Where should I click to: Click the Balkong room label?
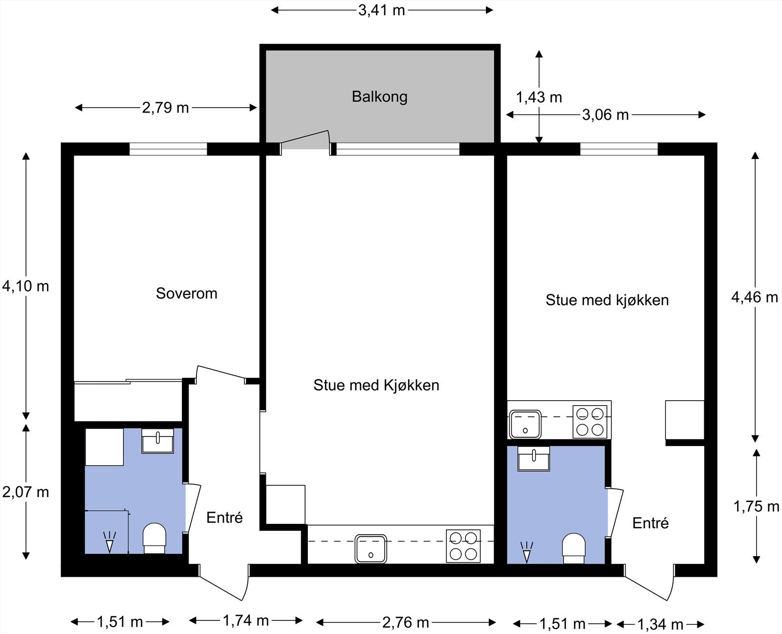click(x=380, y=97)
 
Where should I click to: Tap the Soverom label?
click(x=187, y=294)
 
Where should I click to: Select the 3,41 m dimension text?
click(x=381, y=10)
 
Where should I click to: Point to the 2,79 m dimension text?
click(x=165, y=108)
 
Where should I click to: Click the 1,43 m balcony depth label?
click(x=539, y=97)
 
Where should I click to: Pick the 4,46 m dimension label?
click(x=755, y=297)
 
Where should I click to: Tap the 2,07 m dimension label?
click(x=26, y=492)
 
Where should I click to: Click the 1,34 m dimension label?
click(x=660, y=624)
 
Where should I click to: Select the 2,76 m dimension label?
click(x=406, y=623)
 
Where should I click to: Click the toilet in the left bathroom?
click(x=154, y=538)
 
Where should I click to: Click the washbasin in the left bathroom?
click(x=157, y=441)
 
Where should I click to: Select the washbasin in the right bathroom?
click(x=534, y=459)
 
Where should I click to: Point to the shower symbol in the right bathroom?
click(x=526, y=552)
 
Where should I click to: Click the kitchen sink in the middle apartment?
click(x=371, y=549)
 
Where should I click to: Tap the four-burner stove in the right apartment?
click(x=590, y=422)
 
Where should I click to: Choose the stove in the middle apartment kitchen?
click(x=463, y=546)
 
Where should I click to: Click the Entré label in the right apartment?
click(x=650, y=523)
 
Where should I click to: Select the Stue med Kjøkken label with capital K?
click(x=376, y=385)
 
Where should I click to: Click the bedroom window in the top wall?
click(x=168, y=149)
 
